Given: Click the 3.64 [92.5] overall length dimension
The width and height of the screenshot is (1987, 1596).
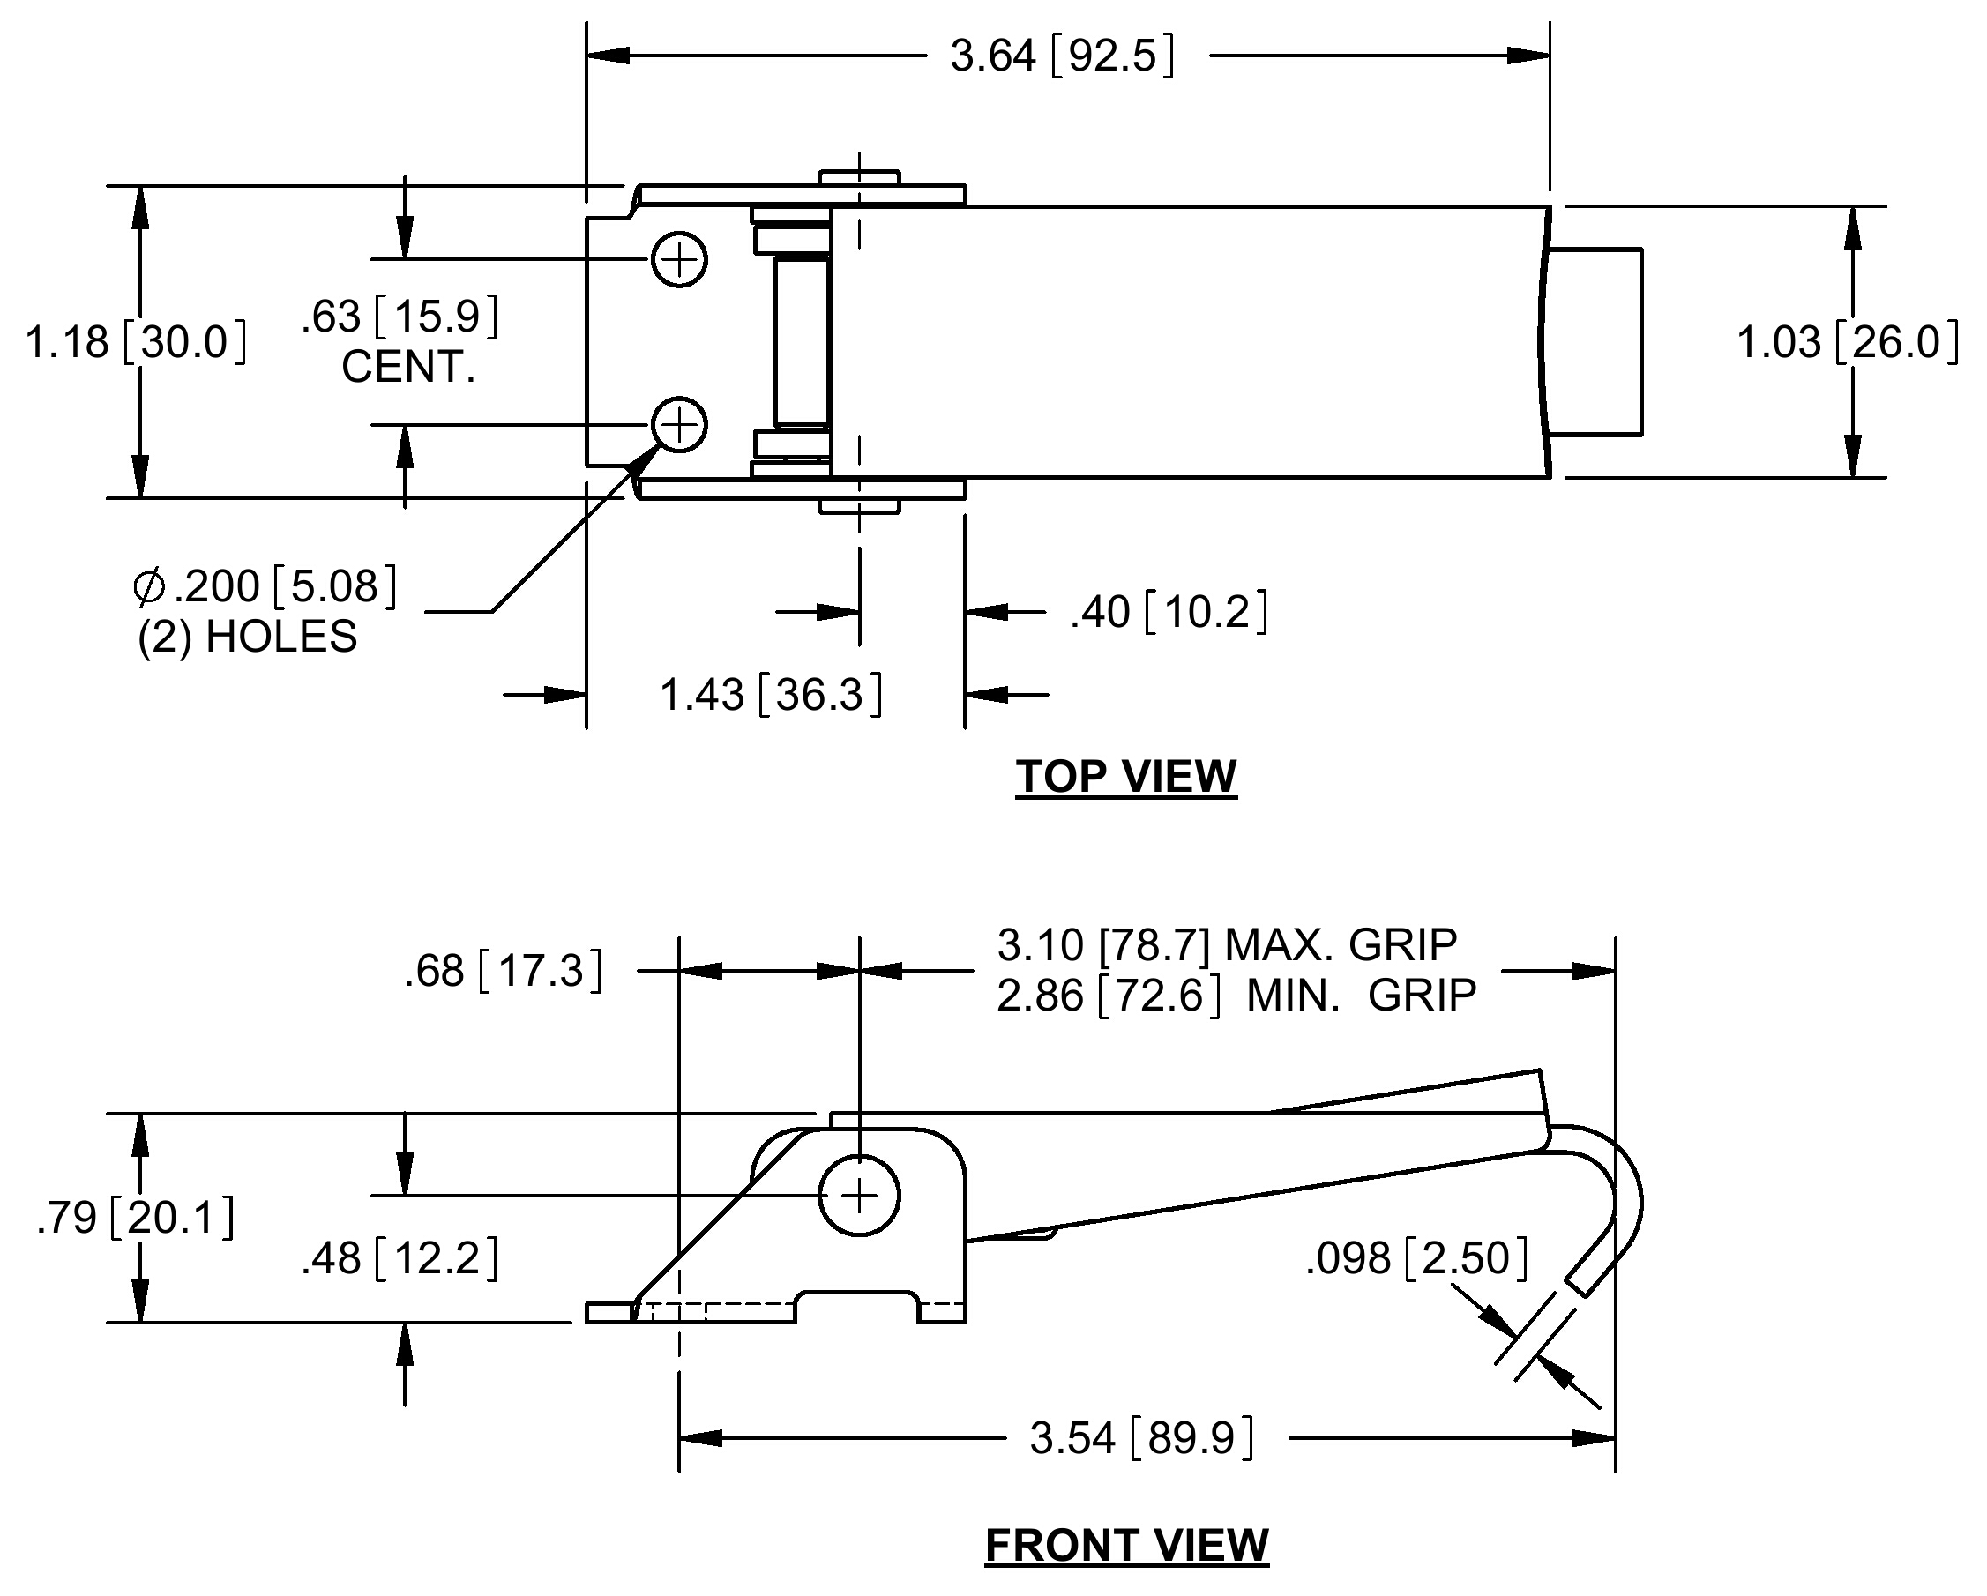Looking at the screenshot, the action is pyautogui.click(x=1063, y=56).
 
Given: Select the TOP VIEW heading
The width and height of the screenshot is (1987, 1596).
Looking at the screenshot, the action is pyautogui.click(x=1126, y=776).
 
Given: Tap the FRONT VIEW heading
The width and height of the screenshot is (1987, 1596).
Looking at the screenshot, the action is pyautogui.click(x=1126, y=1546).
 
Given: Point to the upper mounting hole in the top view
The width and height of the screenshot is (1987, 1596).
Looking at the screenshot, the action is pyautogui.click(x=679, y=260).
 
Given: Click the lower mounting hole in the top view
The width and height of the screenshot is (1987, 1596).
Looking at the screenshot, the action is pyautogui.click(x=679, y=425).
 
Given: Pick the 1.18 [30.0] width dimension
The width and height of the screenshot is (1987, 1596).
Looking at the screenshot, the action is pyautogui.click(x=137, y=342).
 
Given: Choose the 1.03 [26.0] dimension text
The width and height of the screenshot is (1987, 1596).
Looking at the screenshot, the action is pyautogui.click(x=1848, y=343).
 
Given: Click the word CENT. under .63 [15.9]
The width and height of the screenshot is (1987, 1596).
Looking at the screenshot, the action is pyautogui.click(x=408, y=367).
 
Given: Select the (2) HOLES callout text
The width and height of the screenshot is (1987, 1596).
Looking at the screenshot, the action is pyautogui.click(x=247, y=637).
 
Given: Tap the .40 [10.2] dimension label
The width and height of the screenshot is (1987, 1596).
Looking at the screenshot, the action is pyautogui.click(x=1169, y=612).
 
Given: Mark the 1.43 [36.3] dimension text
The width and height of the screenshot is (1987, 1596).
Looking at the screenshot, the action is pyautogui.click(x=772, y=695).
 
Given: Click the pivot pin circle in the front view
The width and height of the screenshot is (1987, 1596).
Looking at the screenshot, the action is pyautogui.click(x=859, y=1196).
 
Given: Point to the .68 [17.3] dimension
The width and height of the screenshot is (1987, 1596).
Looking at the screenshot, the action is pyautogui.click(x=504, y=971).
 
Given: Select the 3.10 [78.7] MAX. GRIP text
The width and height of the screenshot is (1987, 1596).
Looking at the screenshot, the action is pyautogui.click(x=1227, y=944).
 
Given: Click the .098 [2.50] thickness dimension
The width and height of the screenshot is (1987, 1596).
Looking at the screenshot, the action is pyautogui.click(x=1416, y=1257).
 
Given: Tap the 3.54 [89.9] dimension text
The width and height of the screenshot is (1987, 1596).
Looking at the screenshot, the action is pyautogui.click(x=1142, y=1438).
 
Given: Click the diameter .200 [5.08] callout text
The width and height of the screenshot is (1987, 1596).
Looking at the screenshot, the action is pyautogui.click(x=265, y=587).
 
